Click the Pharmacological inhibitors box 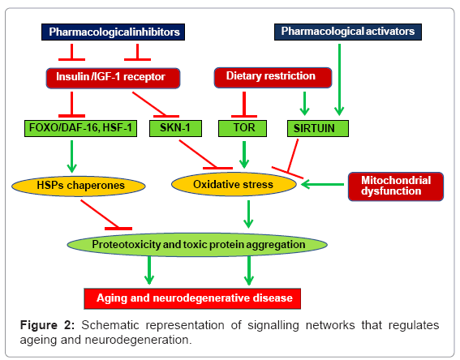tap(113, 32)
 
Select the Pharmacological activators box tap(348, 32)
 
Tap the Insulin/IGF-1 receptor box tap(113, 78)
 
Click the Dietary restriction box tap(273, 77)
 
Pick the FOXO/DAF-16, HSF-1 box tap(80, 128)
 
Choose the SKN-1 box tap(175, 128)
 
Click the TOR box tap(243, 128)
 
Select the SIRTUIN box tap(318, 128)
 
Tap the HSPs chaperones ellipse tap(79, 186)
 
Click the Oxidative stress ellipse tap(234, 184)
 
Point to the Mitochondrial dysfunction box tap(396, 186)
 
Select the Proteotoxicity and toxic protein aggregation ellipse tap(197, 245)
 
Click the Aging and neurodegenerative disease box tap(192, 298)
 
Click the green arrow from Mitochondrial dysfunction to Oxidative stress tap(322, 184)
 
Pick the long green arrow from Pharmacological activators tap(339, 79)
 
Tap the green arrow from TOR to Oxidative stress tap(244, 155)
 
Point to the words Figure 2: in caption tap(47, 325)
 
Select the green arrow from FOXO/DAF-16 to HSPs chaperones tap(72, 156)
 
